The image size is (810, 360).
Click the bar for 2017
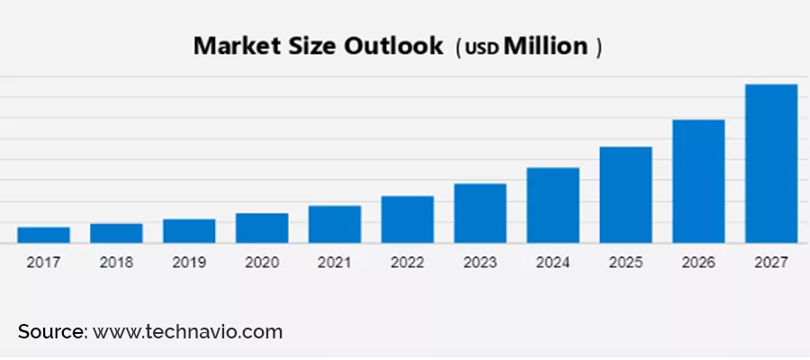coord(43,235)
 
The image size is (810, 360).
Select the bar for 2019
coord(189,231)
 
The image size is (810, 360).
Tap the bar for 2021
coord(335,224)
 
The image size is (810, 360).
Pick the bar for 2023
coord(480,213)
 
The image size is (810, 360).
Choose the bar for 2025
coord(625,194)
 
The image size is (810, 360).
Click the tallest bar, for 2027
coord(771,164)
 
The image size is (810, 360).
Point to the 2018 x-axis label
coord(116,263)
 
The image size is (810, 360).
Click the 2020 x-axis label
coord(262,263)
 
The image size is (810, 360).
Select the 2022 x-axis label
coord(408,263)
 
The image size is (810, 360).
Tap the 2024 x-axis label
coord(553,263)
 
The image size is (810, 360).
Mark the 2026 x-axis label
coord(698,263)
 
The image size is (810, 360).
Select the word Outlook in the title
coord(394,47)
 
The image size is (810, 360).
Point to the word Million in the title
coord(545,47)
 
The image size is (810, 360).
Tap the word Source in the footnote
coord(50,332)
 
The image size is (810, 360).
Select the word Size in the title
coord(312,47)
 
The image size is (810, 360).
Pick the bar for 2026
coord(698,181)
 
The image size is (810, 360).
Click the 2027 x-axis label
coord(771,263)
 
